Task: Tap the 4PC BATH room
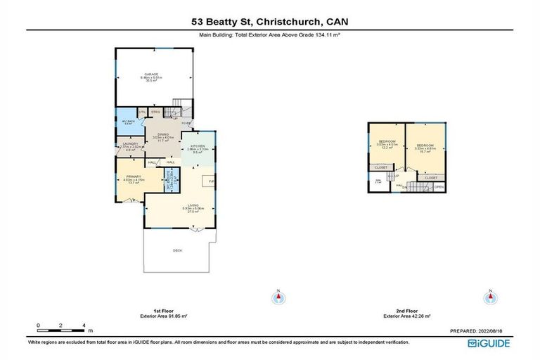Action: pyautogui.click(x=126, y=120)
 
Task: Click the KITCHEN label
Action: pyautogui.click(x=198, y=147)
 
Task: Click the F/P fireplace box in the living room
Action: pyautogui.click(x=210, y=181)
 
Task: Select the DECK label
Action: pyautogui.click(x=177, y=250)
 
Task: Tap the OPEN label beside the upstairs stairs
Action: pyautogui.click(x=438, y=187)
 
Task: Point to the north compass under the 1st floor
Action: pyautogui.click(x=279, y=297)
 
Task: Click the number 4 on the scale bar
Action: pyautogui.click(x=84, y=326)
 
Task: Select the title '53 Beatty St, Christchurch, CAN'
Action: pyautogui.click(x=270, y=22)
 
